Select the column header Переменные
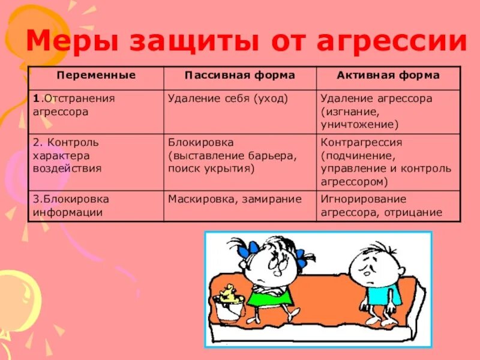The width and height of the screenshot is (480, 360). click(96, 76)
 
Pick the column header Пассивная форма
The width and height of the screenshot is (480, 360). click(239, 76)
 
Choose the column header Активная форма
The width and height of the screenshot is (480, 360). click(388, 76)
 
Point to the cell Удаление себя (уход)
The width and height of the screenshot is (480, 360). click(228, 98)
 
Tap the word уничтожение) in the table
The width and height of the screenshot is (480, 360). click(359, 125)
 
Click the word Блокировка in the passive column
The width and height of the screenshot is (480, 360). click(200, 143)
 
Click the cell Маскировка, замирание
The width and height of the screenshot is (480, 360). click(235, 199)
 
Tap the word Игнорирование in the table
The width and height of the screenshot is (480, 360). click(364, 199)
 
